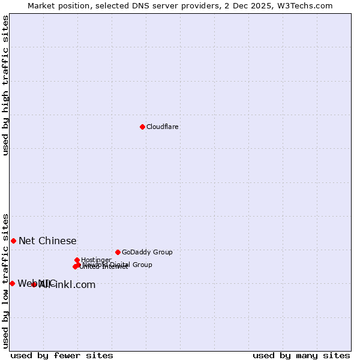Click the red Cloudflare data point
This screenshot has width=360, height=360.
(142, 127)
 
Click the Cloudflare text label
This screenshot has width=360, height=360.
(162, 127)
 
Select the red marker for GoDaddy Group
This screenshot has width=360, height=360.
(118, 252)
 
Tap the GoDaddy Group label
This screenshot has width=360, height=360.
(146, 252)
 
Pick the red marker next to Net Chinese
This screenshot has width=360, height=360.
(13, 241)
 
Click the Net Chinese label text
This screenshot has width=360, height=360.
(47, 241)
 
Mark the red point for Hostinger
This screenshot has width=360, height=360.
(77, 260)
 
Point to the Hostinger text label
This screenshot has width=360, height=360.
(96, 260)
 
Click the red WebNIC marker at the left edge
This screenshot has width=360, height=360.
(12, 283)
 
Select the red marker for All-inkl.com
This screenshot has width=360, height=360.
(34, 284)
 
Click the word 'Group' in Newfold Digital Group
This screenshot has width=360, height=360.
(142, 265)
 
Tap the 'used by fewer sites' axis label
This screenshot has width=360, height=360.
(62, 355)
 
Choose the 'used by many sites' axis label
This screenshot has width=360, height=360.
(301, 355)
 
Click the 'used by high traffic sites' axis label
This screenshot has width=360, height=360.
(6, 85)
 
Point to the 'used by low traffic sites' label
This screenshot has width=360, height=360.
(6, 280)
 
